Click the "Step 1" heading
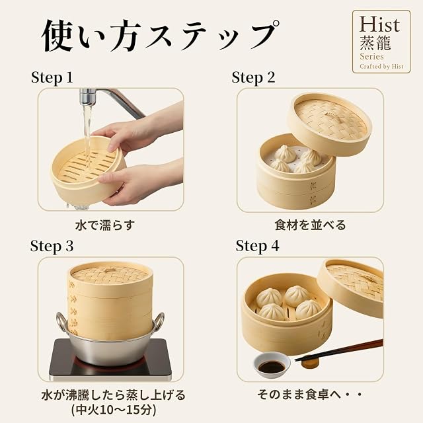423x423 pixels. (x=52, y=77)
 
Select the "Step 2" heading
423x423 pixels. (x=253, y=77)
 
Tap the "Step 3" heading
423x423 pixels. (x=52, y=246)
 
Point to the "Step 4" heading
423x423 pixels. (x=257, y=246)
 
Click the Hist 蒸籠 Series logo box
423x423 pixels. (x=381, y=42)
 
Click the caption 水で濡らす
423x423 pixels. (x=105, y=225)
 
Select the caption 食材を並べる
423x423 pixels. (x=310, y=225)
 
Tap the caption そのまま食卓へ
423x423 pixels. (x=303, y=395)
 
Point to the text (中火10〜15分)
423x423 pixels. (x=114, y=410)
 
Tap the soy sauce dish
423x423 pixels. (x=272, y=364)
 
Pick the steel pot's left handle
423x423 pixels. (x=61, y=321)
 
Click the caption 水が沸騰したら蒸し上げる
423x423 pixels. (x=114, y=395)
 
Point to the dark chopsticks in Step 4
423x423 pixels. (x=339, y=350)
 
